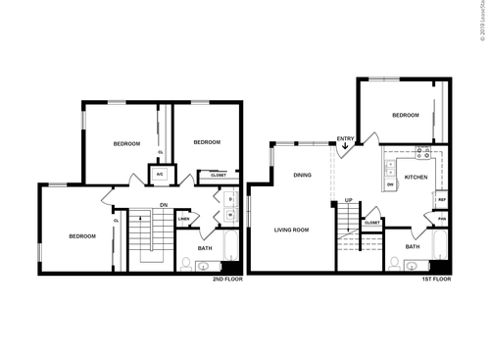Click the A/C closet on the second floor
(159, 174)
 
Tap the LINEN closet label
(183, 219)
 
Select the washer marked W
(229, 215)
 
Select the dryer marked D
(229, 200)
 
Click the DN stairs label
(164, 204)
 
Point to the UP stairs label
(348, 201)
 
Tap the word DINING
(302, 175)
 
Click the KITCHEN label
(416, 178)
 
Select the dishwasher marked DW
(390, 183)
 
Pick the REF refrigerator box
(442, 200)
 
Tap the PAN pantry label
(442, 218)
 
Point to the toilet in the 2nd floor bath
(186, 262)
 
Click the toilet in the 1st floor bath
(395, 263)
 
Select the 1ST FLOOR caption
(435, 280)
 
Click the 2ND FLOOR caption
(226, 280)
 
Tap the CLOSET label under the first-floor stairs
(372, 223)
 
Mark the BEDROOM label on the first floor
(406, 115)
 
